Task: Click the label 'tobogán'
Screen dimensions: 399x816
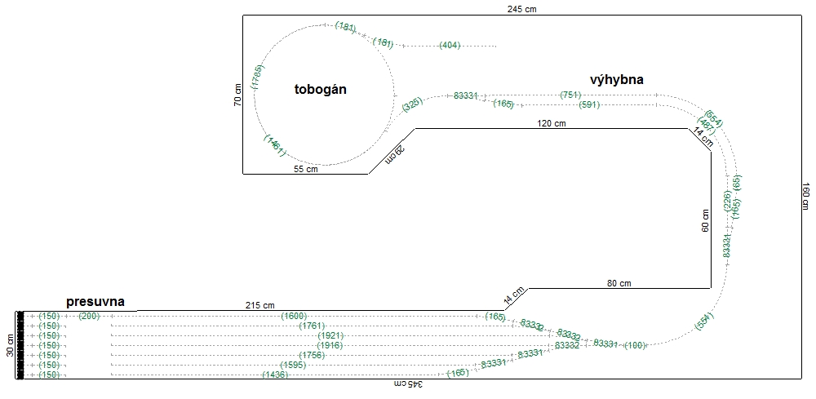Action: point(321,90)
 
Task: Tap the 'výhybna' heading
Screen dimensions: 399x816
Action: point(617,79)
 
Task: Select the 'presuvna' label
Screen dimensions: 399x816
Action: point(95,302)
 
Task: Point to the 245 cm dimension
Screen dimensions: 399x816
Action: point(521,9)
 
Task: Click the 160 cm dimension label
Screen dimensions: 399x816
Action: point(806,196)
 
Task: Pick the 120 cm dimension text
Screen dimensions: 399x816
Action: point(552,124)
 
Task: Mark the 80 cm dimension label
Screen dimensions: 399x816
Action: point(619,283)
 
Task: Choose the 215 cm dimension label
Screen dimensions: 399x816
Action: point(259,305)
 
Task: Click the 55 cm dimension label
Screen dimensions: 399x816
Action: point(306,170)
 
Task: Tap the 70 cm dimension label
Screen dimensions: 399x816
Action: point(237,95)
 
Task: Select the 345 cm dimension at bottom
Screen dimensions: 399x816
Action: point(406,383)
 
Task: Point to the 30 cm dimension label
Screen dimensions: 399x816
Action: point(10,345)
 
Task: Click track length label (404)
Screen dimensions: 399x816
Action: point(450,45)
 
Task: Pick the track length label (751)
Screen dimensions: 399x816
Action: point(571,95)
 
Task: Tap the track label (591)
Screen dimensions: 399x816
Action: point(589,104)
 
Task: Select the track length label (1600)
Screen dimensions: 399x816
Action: point(295,316)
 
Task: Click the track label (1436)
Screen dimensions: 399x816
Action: point(275,375)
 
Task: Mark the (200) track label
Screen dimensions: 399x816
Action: point(89,316)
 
